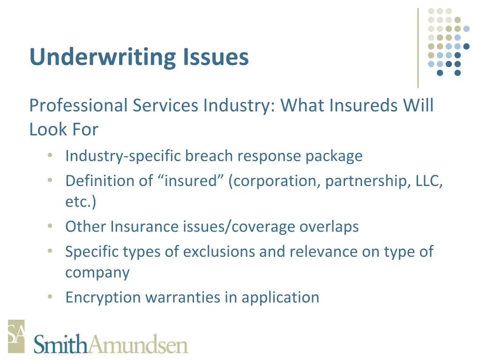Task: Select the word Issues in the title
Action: pyautogui.click(x=213, y=57)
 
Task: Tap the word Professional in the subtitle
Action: pyautogui.click(x=78, y=105)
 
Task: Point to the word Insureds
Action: pyautogui.click(x=363, y=105)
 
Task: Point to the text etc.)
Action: pyautogui.click(x=80, y=202)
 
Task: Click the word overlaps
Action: pyautogui.click(x=329, y=226)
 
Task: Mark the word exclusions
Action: pyautogui.click(x=219, y=251)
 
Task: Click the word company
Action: pyautogui.click(x=97, y=273)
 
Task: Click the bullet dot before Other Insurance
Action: pyautogui.click(x=50, y=226)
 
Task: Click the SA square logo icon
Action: pyautogui.click(x=16, y=336)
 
